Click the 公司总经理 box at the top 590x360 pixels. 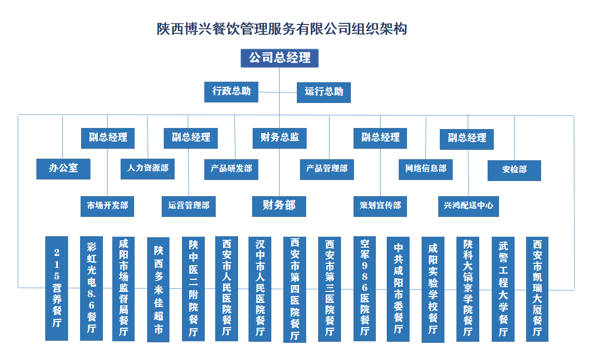pos(279,58)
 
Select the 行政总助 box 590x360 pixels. pos(231,92)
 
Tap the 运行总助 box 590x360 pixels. pos(323,92)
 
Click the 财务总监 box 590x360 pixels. pos(280,138)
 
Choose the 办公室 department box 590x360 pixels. pos(63,169)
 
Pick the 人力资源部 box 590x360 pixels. pos(148,169)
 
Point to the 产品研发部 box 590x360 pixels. pos(231,169)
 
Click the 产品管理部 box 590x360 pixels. pos(326,169)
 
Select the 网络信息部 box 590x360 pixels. pos(425,169)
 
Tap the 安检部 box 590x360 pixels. pos(514,170)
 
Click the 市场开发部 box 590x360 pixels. pos(107,205)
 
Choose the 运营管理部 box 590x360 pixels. pos(188,205)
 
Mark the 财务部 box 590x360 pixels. pos(279,205)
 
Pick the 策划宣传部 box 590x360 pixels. pos(380,205)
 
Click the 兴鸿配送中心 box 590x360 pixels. pos(468,205)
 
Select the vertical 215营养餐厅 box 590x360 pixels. pos(57,288)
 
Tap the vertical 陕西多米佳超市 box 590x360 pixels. pos(158,290)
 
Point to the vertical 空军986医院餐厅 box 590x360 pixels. pos(364,289)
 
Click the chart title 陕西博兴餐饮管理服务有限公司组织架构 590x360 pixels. pos(282,29)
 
